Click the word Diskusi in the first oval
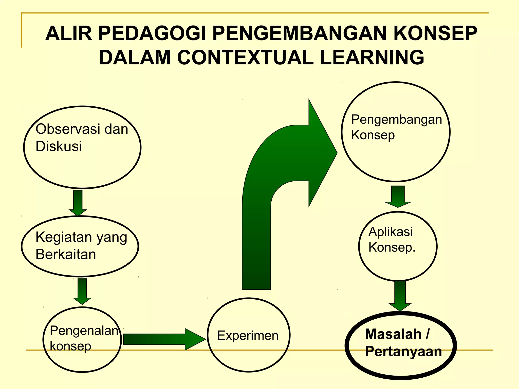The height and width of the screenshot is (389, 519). click(x=59, y=146)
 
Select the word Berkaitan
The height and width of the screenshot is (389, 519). click(x=66, y=254)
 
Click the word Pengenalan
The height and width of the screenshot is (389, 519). click(x=84, y=330)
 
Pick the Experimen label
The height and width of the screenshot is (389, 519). click(x=248, y=335)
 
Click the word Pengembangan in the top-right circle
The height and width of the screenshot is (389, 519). click(x=396, y=119)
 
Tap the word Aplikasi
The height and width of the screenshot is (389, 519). click(x=390, y=231)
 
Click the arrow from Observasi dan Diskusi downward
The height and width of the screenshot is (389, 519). click(x=78, y=203)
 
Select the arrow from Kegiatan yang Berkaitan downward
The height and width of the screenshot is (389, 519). click(x=82, y=291)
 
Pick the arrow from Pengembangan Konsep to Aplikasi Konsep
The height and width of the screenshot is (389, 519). click(x=398, y=197)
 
